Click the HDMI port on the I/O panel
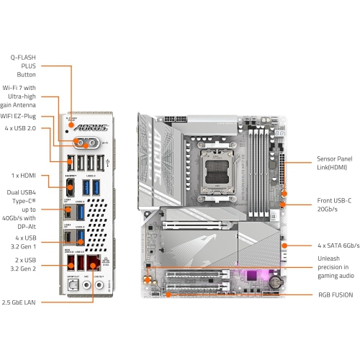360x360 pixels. point(71,188)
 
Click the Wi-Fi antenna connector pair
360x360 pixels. point(86,141)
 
